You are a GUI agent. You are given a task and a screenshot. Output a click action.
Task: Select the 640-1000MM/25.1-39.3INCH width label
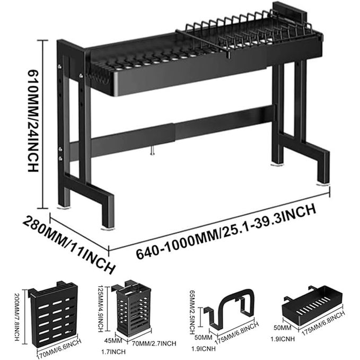click(226, 232)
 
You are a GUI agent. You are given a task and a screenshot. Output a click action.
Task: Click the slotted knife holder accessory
click(53, 314)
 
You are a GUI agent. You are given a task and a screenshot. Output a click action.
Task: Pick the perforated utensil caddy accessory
click(133, 310)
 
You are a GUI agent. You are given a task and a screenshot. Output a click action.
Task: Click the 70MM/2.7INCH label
click(154, 344)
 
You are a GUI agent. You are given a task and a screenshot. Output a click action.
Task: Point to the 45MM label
click(113, 341)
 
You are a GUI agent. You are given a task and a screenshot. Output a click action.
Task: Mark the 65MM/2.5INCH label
click(192, 312)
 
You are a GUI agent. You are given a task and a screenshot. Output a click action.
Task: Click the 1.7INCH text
click(113, 352)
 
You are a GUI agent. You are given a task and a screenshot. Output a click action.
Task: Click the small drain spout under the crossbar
click(152, 151)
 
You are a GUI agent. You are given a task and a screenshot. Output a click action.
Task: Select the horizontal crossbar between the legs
click(172, 133)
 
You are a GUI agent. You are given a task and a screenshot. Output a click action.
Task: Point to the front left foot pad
click(108, 229)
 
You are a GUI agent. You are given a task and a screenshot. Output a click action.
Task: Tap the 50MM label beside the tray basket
click(282, 328)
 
